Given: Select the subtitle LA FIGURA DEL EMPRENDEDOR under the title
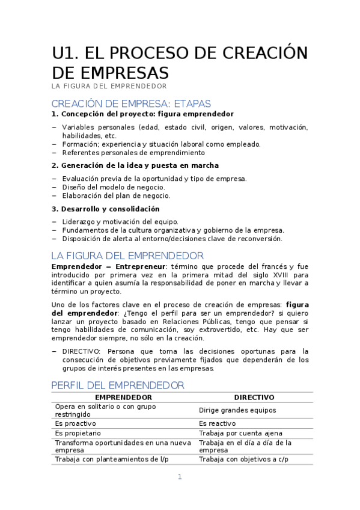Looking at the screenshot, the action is (x=109, y=87).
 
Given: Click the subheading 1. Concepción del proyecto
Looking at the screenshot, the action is (x=142, y=114).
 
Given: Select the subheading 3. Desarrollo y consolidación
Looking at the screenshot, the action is (x=106, y=209).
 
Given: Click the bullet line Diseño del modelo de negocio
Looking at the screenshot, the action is (x=113, y=187).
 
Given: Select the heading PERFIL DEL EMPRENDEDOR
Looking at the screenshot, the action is (x=118, y=385).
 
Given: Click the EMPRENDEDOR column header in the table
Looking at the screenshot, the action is (x=124, y=398).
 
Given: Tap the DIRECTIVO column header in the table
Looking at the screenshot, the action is (x=254, y=398).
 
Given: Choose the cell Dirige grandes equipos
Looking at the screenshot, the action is (x=237, y=410).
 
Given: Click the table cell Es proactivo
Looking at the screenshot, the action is (x=76, y=423).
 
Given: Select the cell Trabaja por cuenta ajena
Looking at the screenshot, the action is (x=240, y=433).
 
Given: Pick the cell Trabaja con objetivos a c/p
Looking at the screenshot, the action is (x=243, y=459).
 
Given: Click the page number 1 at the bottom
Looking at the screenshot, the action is (x=179, y=477).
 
